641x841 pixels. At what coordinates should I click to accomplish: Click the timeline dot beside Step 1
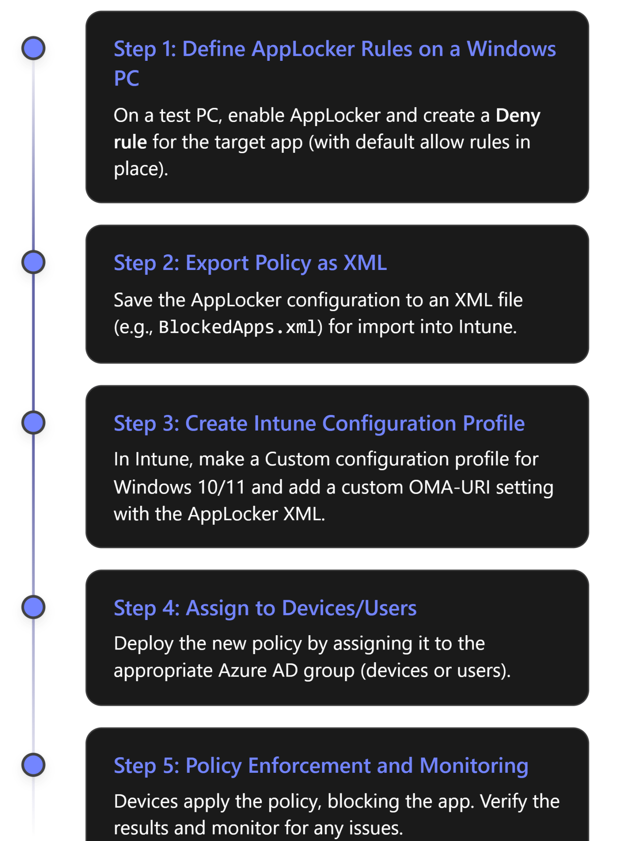(x=34, y=48)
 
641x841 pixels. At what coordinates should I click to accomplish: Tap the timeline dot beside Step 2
(x=34, y=262)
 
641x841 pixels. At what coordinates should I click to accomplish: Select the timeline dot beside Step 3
(x=34, y=422)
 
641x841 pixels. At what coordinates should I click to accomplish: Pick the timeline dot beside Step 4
(x=34, y=607)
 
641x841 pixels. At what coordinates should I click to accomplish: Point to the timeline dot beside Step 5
(x=34, y=765)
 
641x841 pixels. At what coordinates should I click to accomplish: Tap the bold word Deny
(x=517, y=115)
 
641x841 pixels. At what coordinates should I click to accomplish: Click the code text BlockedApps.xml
(x=238, y=327)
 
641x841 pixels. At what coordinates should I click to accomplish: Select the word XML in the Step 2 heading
(x=365, y=263)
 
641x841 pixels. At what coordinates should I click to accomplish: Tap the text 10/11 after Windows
(x=221, y=487)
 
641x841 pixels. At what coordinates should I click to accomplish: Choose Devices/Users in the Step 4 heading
(x=349, y=608)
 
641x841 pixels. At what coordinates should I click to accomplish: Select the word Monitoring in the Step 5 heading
(x=474, y=766)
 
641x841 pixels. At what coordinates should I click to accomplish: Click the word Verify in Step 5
(x=503, y=802)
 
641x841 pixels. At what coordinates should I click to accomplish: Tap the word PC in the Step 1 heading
(x=126, y=78)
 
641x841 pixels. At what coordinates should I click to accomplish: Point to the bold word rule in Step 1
(x=130, y=142)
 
